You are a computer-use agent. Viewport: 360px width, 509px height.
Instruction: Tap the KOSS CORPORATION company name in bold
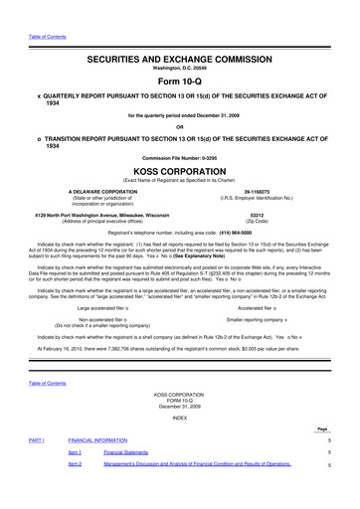pyautogui.click(x=179, y=171)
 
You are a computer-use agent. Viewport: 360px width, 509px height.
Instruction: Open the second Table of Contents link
pyautogui.click(x=33, y=384)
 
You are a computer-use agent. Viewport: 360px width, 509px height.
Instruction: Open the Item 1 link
pyautogui.click(x=74, y=478)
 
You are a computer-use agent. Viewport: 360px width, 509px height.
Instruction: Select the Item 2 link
pyautogui.click(x=74, y=491)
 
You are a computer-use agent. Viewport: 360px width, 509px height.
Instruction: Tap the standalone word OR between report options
pyautogui.click(x=179, y=125)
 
